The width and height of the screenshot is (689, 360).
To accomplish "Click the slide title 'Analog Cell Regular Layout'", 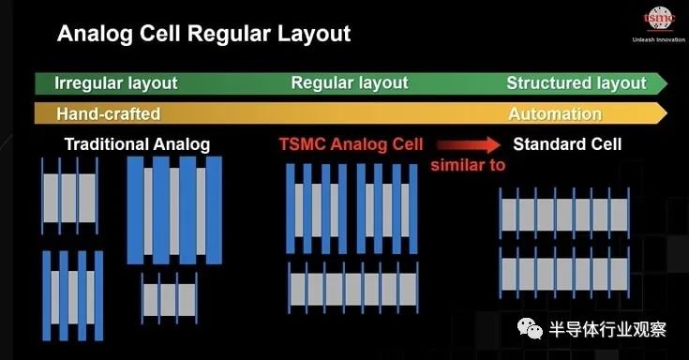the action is (204, 35).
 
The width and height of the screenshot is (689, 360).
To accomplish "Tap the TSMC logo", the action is (659, 19).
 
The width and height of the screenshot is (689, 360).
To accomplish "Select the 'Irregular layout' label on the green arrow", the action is (116, 83).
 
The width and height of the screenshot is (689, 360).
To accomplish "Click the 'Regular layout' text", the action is (350, 82).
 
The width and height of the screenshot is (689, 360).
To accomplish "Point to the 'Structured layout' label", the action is (577, 83).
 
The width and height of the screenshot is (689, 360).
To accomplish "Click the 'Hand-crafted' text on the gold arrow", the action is (109, 113).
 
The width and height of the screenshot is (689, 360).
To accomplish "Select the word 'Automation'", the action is (555, 113).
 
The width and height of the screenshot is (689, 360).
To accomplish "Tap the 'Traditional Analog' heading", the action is (137, 144).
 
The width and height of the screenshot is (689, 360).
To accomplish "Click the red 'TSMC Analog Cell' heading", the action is (351, 144).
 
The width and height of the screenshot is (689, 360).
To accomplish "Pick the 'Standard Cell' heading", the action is (567, 144).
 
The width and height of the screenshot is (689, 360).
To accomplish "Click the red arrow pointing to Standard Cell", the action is (469, 144).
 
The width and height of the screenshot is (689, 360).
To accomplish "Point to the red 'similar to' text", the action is (468, 165).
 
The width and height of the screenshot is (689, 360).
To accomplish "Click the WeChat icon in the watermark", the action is (530, 328).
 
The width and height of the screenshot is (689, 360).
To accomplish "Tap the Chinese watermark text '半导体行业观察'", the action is (607, 329).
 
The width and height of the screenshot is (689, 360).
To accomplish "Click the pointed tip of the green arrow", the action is (667, 83).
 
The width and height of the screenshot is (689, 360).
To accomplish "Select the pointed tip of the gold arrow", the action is (667, 113).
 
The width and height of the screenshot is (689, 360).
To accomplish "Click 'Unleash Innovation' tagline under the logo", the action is (659, 39).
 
